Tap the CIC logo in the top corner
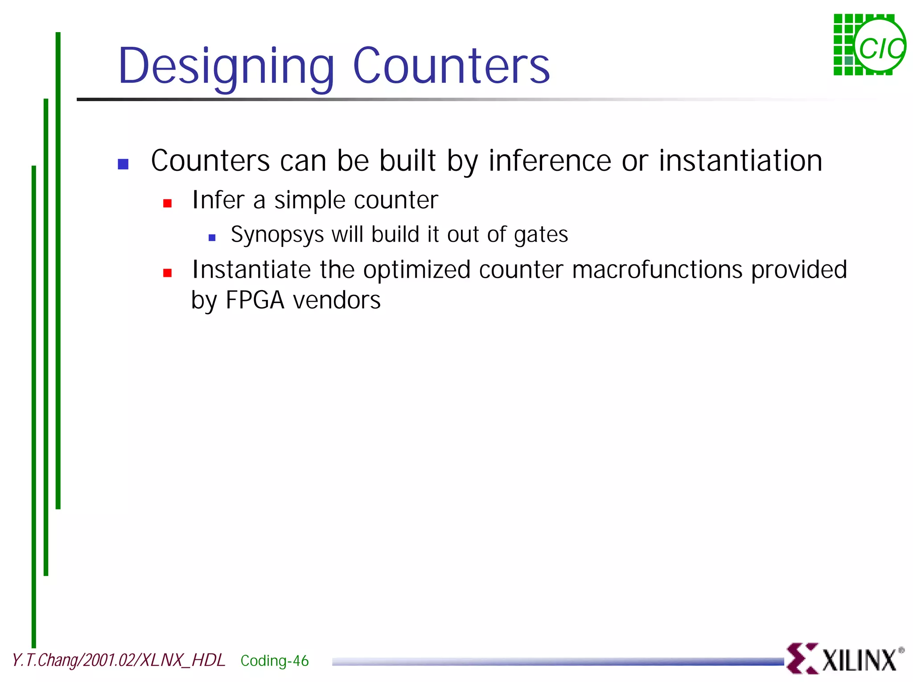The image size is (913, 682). coord(869,45)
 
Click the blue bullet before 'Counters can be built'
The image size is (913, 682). coord(123,164)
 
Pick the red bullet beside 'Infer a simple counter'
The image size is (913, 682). coord(168,203)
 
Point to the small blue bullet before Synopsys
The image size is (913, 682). coord(212,238)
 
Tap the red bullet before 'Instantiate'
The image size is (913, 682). coord(168,273)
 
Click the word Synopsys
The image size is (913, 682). coord(277,235)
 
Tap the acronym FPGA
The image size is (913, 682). coord(255,300)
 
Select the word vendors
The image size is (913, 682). coord(337,300)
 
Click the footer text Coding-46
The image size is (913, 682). coord(274,661)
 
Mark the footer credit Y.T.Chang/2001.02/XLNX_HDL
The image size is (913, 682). coord(119,660)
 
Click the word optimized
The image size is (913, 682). coord(417,270)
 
